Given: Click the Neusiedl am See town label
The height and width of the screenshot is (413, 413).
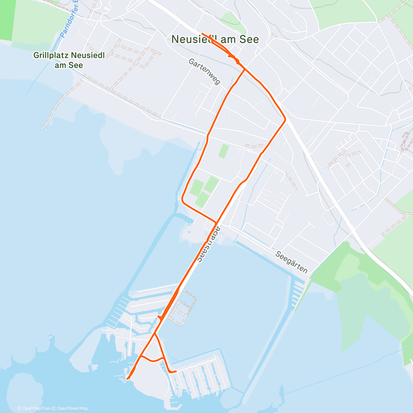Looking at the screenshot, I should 215,39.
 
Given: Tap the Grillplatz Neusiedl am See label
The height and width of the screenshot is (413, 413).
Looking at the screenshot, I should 69,60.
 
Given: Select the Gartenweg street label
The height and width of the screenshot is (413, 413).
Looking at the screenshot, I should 204,71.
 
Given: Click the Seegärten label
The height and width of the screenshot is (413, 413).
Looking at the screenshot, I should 292,262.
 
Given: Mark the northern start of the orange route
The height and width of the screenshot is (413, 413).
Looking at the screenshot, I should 202,34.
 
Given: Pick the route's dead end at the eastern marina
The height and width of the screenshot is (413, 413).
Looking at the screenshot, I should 176,371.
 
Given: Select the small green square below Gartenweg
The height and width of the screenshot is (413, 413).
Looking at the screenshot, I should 224,151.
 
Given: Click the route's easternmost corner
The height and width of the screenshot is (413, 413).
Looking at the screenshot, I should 285,119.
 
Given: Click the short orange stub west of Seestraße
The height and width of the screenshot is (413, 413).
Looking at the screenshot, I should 159,317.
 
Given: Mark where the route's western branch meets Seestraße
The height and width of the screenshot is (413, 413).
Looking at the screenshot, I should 216,222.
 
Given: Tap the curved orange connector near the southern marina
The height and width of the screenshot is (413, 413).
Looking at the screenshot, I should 152,360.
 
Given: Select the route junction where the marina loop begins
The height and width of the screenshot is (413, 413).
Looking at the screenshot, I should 155,333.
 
